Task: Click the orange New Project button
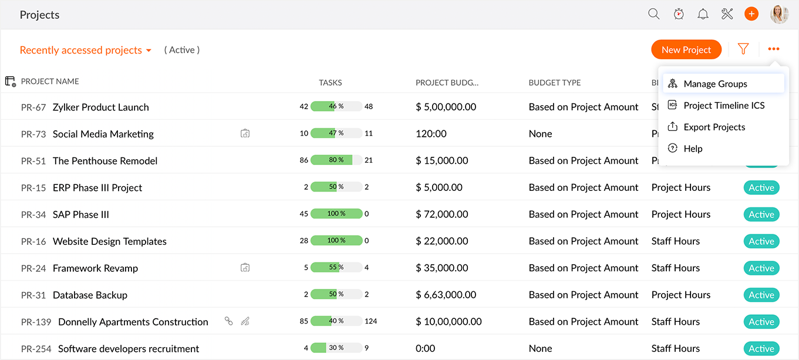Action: [x=686, y=50]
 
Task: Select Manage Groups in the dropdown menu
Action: [x=715, y=84]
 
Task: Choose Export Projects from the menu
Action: [x=714, y=127]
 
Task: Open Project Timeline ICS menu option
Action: [x=724, y=106]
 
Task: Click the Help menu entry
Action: [x=693, y=149]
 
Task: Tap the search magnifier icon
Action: [x=653, y=14]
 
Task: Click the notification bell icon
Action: [x=703, y=14]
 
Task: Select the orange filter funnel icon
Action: [x=743, y=49]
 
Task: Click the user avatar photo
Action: [x=779, y=14]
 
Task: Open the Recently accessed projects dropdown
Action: [x=86, y=51]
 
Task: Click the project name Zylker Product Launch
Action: [x=100, y=107]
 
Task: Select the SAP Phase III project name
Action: [x=81, y=215]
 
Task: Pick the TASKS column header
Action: [x=330, y=83]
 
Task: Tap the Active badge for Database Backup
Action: [x=761, y=295]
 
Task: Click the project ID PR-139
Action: [x=36, y=322]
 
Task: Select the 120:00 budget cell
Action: [x=431, y=134]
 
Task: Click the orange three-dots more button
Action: [x=774, y=49]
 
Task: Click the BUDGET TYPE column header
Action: [x=554, y=83]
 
